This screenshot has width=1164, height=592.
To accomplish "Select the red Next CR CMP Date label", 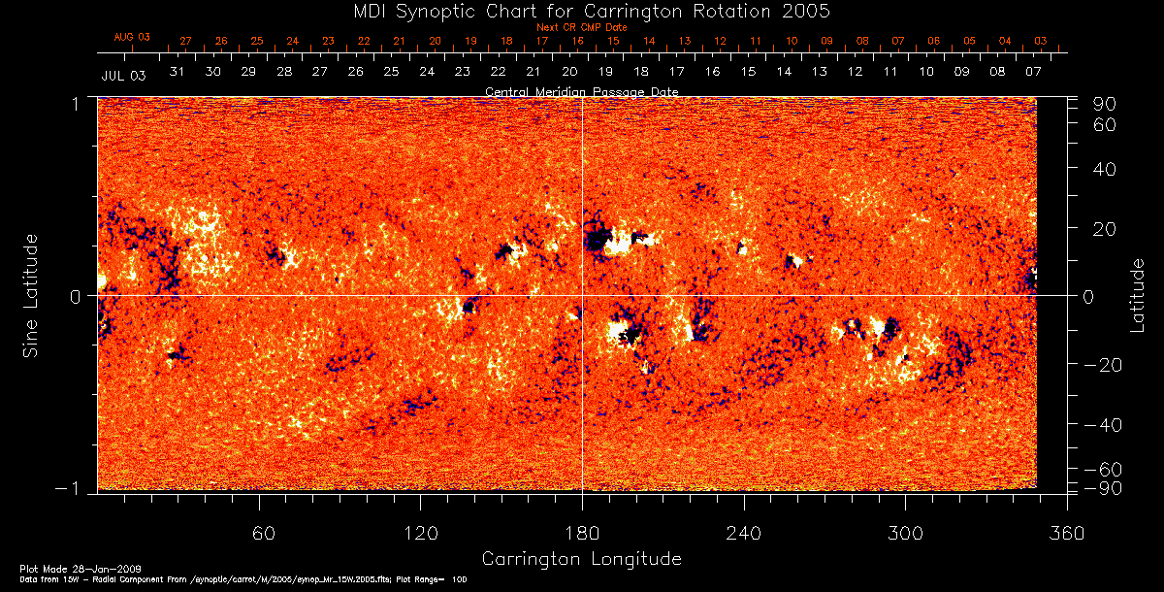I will tap(581, 27).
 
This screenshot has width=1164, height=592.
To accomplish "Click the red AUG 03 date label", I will tap(132, 37).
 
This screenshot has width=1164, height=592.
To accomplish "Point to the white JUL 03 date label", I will tap(123, 75).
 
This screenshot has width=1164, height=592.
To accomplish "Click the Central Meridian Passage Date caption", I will tap(581, 91).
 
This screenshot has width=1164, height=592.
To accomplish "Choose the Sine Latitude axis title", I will tap(31, 295).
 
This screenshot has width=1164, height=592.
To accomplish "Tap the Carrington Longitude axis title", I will tap(581, 559).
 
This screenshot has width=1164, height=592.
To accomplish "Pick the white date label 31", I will tap(177, 72).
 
